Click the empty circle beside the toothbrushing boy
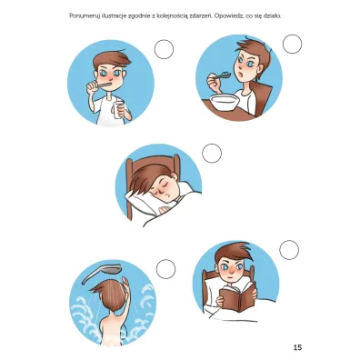point(164,49)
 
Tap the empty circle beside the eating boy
point(293,44)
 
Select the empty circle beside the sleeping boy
point(212,154)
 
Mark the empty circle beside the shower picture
point(165,269)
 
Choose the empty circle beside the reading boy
point(289,250)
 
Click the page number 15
point(297,347)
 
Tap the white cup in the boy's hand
point(118,110)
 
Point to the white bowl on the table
point(225,103)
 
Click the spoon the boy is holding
point(221,75)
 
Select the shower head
point(102,273)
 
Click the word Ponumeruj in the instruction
point(81,16)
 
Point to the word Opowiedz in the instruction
point(227,16)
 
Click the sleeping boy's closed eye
point(159,188)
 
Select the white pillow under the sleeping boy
point(143,202)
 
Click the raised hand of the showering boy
point(125,285)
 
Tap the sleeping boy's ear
point(174,176)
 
